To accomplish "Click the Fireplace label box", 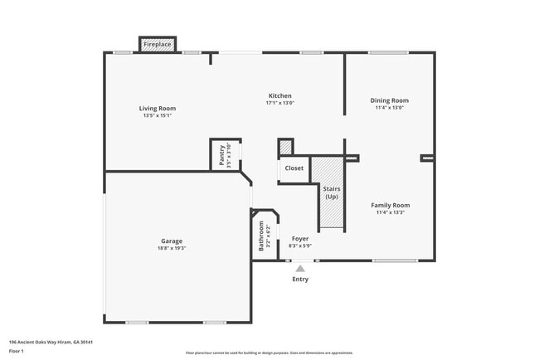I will point(158,44).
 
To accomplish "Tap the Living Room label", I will point(157,109).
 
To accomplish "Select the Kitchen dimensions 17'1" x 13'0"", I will point(279,104).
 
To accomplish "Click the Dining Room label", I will point(389,100).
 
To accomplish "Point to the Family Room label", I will point(389,205).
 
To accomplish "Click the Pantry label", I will point(222,155).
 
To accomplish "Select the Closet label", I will point(294,168).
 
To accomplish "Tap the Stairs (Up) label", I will point(332,193).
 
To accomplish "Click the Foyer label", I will point(299,239).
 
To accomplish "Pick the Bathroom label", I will point(261,236).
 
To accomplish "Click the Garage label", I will point(172,241).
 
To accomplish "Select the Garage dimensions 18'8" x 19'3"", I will point(172,249).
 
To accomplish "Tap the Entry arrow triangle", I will point(300,268).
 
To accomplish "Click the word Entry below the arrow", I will point(300,280).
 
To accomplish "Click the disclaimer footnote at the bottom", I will point(269,353).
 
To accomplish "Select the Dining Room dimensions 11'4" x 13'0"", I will point(389,108).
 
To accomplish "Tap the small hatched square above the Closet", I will point(285,147).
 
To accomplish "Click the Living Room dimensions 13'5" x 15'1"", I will point(157,116).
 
